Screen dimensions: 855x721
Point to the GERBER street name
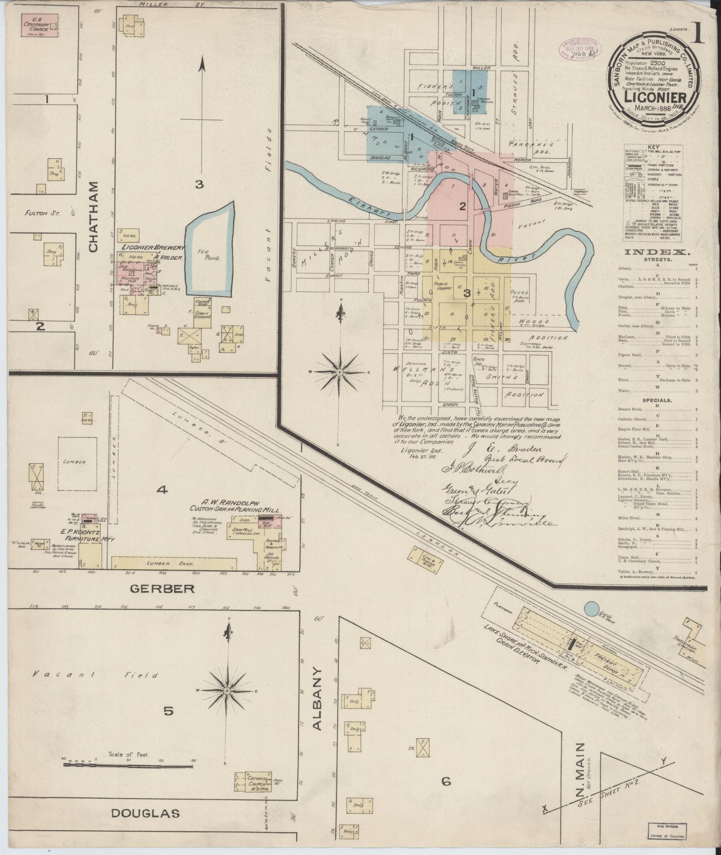click(x=162, y=589)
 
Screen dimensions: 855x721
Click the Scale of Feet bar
click(x=129, y=765)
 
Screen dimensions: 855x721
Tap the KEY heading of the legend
click(x=653, y=147)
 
